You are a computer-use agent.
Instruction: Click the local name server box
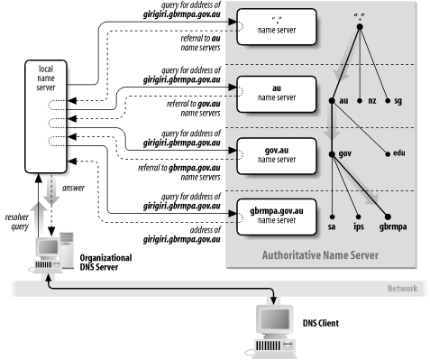tap(44, 117)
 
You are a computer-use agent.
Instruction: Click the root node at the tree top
tap(360, 26)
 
